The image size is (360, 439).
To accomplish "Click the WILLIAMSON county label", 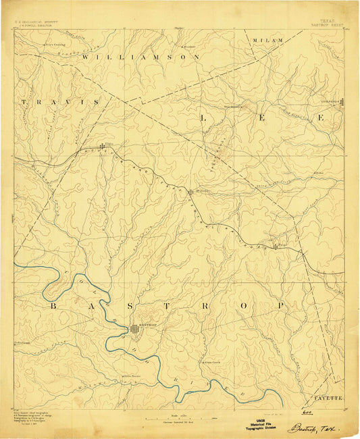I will [x=141, y=58].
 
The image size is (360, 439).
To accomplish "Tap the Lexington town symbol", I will [x=342, y=103].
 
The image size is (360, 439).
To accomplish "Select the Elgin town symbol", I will [x=103, y=146].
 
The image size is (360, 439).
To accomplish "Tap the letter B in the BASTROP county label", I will [x=52, y=306].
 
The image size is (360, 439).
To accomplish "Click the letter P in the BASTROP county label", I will [x=280, y=306].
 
